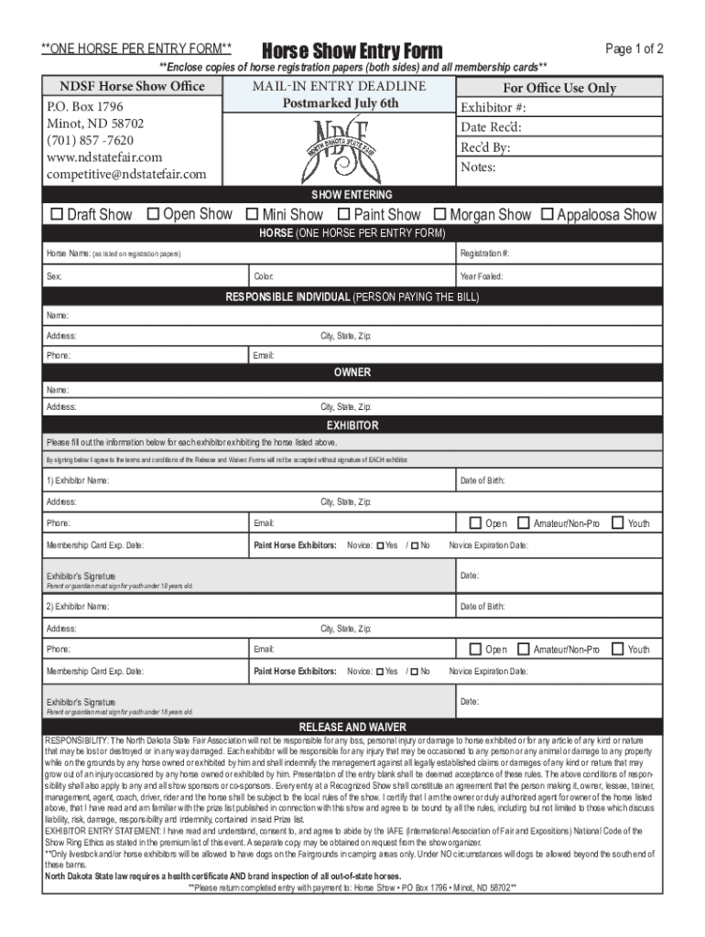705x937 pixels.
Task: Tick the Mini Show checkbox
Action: (x=253, y=215)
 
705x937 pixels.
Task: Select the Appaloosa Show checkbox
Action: (x=548, y=215)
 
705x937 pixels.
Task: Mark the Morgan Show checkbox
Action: (x=440, y=215)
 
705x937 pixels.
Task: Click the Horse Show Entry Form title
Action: (x=352, y=50)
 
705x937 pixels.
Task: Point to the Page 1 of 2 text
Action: (x=634, y=48)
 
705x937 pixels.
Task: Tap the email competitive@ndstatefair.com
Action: (x=126, y=174)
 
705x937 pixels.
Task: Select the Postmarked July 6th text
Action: (x=340, y=102)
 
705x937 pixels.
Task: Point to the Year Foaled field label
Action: (x=482, y=276)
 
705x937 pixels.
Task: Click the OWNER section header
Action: (x=352, y=372)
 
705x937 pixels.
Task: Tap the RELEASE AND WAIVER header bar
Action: (x=352, y=727)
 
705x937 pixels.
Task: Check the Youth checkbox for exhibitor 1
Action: (x=618, y=522)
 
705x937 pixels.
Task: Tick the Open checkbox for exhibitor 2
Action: (x=475, y=649)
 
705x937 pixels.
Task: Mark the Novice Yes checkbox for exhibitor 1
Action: (x=380, y=545)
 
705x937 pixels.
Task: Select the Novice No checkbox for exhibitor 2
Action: (x=415, y=672)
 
